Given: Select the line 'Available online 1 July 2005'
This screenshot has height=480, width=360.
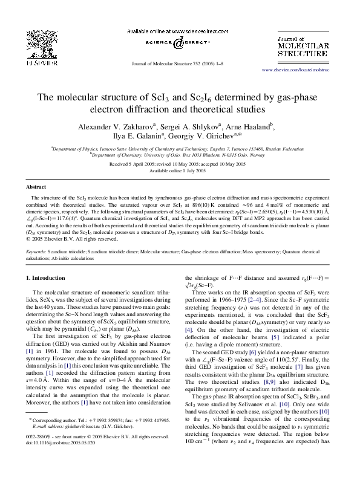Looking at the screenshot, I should click(180, 170).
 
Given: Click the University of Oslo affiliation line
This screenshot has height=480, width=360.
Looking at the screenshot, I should click(180, 155).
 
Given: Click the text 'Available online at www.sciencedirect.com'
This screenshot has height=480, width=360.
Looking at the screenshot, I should click(179, 31).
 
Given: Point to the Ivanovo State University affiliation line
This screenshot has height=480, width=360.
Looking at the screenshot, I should click(180, 148).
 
